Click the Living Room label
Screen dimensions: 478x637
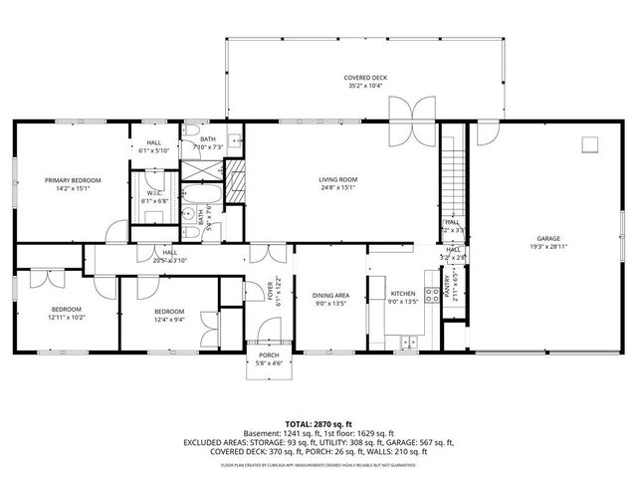coord(337,180)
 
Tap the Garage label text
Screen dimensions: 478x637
coord(548,239)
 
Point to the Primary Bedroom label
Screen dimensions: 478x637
coord(73,180)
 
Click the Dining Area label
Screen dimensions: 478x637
coord(330,295)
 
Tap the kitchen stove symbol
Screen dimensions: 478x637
coord(433,295)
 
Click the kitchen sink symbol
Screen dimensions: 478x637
coord(409,343)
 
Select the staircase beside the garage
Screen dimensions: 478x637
coord(453,179)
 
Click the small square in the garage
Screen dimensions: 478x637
coord(589,144)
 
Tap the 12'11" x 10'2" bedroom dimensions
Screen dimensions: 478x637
coord(67,318)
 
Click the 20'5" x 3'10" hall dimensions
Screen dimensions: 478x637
coord(170,260)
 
